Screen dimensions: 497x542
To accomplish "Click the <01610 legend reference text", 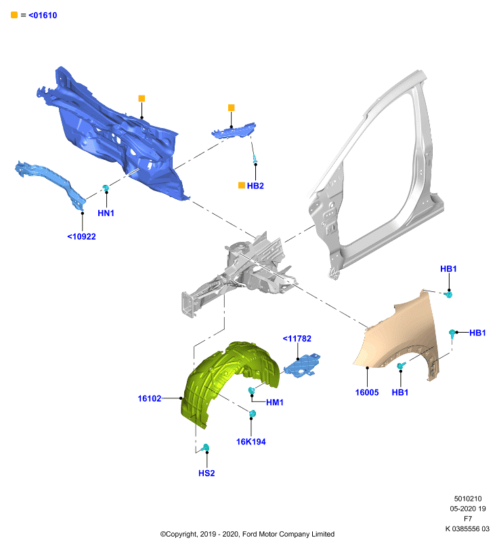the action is (x=43, y=15).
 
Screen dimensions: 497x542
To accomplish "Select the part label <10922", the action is (x=81, y=236).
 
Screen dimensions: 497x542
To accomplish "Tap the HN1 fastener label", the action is (x=106, y=213).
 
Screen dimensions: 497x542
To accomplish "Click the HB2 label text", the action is (x=255, y=186).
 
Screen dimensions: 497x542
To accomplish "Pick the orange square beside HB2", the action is (x=242, y=185).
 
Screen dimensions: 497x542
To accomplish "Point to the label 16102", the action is (x=150, y=398).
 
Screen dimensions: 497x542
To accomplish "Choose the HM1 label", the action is (x=275, y=402).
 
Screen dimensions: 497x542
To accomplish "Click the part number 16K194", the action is (x=251, y=442).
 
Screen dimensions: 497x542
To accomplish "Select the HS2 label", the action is (x=207, y=473).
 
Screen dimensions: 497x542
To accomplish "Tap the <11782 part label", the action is (x=297, y=338).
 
